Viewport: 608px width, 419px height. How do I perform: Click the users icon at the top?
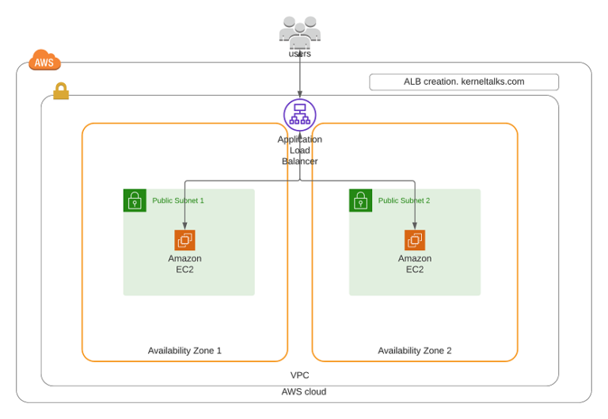point(300,32)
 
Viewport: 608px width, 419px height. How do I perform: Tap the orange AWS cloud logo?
point(44,61)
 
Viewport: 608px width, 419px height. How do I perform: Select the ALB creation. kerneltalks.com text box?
point(464,82)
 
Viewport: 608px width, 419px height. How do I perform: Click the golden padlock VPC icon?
point(61,92)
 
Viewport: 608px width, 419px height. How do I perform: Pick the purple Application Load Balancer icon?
point(300,115)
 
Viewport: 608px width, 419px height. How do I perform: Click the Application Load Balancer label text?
point(300,150)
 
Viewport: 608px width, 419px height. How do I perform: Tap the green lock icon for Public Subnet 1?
point(135,200)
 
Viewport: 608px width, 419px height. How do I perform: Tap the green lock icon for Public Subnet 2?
point(361,200)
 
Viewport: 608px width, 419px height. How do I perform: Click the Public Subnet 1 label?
point(178,201)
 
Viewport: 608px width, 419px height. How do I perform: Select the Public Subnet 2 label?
point(404,201)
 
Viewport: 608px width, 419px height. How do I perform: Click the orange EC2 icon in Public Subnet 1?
point(185,240)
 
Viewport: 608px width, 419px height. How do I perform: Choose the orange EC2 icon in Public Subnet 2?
point(415,240)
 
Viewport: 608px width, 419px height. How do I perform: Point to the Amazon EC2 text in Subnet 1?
point(185,264)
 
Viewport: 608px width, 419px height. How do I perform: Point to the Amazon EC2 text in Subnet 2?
point(415,264)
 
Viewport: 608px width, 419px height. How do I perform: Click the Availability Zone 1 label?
point(184,350)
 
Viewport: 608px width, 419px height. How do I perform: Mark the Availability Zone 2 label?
point(415,350)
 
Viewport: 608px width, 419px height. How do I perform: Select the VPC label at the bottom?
point(300,375)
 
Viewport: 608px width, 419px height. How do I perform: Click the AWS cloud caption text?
point(304,392)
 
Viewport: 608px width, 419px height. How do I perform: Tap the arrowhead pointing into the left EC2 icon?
point(185,227)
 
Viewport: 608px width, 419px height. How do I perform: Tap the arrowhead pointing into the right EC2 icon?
point(415,227)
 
